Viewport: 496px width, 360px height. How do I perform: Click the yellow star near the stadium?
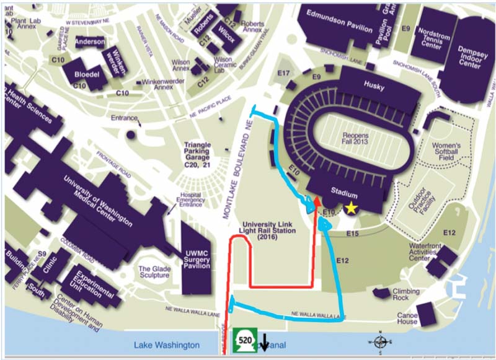point(352,209)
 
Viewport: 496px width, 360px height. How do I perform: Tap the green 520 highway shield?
point(243,341)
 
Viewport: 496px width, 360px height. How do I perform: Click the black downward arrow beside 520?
point(264,343)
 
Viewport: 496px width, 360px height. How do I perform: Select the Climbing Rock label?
point(405,295)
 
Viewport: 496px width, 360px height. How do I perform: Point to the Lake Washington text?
point(167,345)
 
